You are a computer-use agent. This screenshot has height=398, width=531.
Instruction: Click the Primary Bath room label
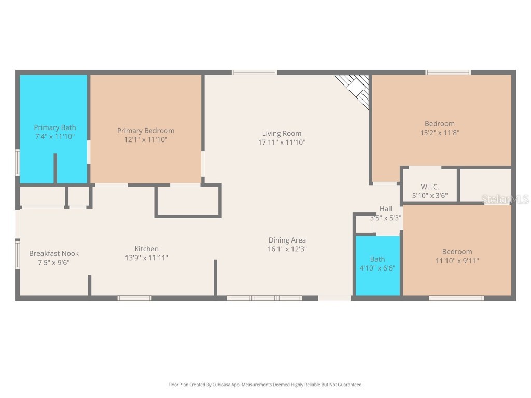[x=55, y=127]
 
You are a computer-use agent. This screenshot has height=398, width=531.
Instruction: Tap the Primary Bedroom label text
[x=146, y=131]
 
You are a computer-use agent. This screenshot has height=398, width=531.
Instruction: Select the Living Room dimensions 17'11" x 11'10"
[x=282, y=142]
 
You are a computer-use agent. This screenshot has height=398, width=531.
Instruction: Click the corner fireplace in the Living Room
[x=355, y=88]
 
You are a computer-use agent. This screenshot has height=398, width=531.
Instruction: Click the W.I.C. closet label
[x=429, y=187]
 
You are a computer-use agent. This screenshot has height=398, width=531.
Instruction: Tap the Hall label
[x=385, y=209]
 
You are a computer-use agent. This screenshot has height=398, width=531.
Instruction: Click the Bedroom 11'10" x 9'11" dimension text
[x=457, y=261]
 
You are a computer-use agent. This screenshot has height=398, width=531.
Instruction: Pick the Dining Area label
[x=287, y=240]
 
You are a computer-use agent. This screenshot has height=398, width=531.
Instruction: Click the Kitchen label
[x=147, y=249]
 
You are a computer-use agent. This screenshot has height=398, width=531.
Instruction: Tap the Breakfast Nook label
[x=54, y=253]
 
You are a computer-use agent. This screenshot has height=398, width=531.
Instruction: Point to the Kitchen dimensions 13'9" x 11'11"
[x=147, y=258]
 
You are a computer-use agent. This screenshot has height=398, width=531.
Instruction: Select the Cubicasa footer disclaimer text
[x=265, y=385]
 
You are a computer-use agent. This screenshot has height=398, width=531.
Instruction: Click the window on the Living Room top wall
[x=254, y=73]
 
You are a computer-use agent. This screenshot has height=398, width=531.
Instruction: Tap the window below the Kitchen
[x=134, y=298]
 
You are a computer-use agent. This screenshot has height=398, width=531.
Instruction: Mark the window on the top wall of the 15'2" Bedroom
[x=448, y=73]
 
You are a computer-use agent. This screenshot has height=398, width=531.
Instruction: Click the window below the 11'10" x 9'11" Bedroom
[x=456, y=298]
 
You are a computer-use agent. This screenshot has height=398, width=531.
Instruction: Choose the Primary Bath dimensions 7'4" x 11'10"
[x=55, y=136]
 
